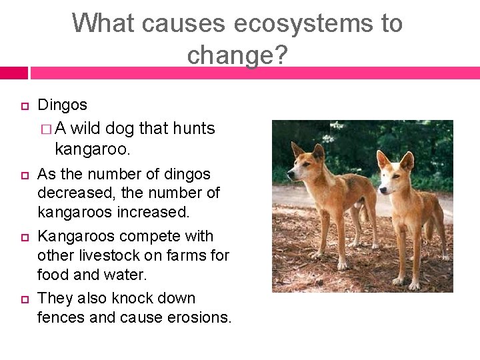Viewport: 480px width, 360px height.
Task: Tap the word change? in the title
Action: [x=237, y=55]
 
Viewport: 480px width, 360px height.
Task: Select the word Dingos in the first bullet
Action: [x=63, y=105]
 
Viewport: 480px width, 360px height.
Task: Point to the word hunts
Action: [x=193, y=128]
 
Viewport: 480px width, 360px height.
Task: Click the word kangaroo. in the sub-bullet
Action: [x=93, y=148]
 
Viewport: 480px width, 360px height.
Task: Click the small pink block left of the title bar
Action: [x=13, y=73]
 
